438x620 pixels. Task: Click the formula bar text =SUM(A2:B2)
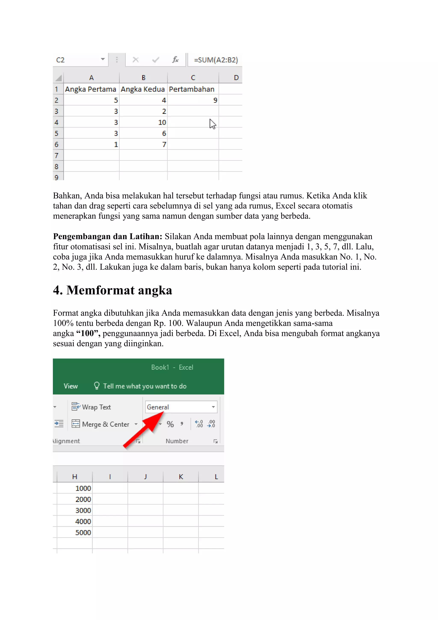[216, 60]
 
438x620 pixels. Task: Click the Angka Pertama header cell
[91, 89]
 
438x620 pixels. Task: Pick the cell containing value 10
[162, 122]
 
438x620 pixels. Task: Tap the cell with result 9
[215, 100]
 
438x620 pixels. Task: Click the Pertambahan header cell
[192, 89]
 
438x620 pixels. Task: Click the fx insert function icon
[175, 60]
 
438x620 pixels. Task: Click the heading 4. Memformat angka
[112, 290]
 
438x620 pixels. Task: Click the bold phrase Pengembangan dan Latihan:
[107, 237]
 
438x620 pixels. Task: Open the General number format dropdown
[213, 407]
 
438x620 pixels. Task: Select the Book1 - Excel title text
[172, 367]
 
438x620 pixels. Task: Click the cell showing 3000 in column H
[83, 510]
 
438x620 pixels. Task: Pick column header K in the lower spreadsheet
[181, 477]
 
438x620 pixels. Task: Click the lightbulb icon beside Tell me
[96, 386]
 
